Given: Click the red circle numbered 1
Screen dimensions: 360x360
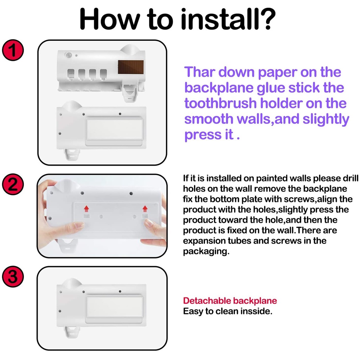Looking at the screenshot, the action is pos(13,50).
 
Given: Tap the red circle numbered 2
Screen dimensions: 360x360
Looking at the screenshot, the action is pos(13,184).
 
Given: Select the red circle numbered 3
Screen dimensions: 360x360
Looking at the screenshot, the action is pos(13,276).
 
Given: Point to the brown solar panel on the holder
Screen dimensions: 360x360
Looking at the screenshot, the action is pos(131,67).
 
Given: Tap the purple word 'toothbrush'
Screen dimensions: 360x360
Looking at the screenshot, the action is pos(220,103).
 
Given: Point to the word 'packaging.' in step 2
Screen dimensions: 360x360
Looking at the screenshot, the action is pos(206,251).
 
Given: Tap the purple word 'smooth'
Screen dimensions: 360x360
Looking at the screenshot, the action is pos(209,119).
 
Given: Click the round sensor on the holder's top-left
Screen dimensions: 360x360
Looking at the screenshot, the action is pos(69,55).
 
